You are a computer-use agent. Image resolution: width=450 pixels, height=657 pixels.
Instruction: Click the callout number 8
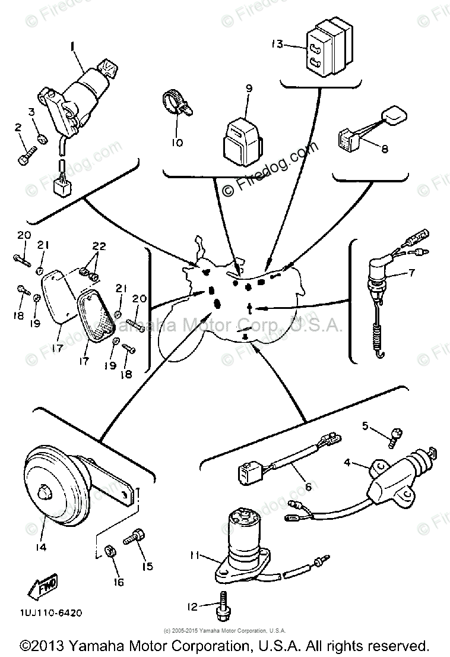pos(384,149)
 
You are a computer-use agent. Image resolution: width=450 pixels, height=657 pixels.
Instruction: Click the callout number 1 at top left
pos(72,45)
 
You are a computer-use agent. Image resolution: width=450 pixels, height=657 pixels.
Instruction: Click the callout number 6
pos(308,487)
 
